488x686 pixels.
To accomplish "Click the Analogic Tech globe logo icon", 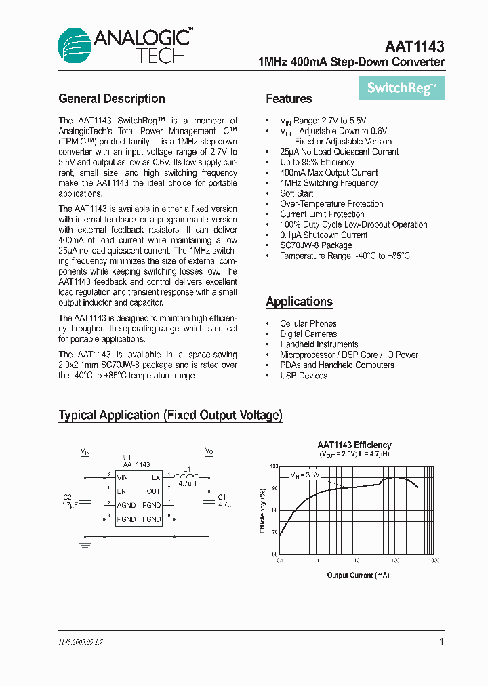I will coord(75,46).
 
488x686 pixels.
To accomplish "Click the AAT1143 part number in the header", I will coord(414,47).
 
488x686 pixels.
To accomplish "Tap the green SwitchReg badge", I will coord(402,87).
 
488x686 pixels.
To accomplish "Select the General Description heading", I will coord(112,99).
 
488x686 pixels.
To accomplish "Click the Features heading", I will coord(289,99).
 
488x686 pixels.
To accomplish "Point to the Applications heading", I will coord(299,302).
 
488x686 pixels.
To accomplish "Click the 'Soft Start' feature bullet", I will coord(296,193).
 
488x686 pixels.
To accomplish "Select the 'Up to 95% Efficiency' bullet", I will coord(317,162).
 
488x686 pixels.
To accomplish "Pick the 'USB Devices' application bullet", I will coord(303,376).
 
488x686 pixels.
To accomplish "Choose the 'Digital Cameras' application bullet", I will coord(308,334).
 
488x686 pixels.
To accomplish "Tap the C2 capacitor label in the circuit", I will coord(67,497).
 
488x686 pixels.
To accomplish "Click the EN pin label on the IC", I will coord(121,491).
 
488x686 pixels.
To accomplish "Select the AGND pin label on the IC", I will coord(126,505).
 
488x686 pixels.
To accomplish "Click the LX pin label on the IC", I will coord(156,477).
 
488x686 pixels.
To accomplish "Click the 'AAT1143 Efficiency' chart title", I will coord(354,445).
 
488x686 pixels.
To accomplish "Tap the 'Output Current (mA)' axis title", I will coord(358,575).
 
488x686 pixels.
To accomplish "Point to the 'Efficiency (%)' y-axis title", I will coord(263,510).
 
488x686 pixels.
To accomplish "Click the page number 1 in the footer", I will coord(442,641).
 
